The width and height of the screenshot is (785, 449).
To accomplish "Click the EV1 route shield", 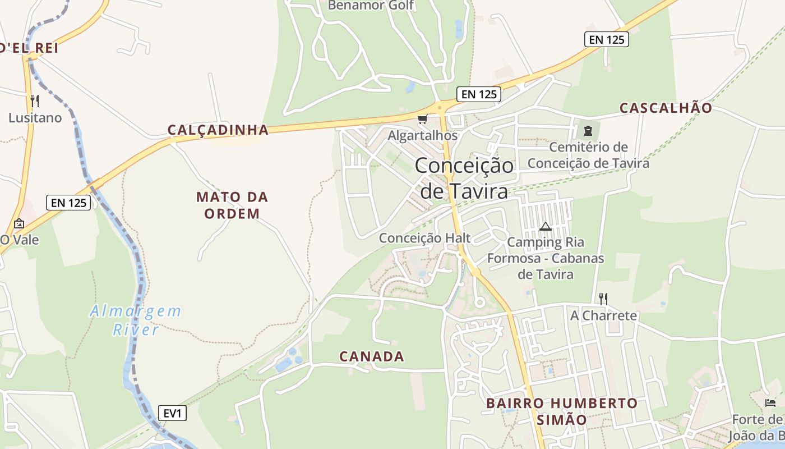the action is (x=172, y=413).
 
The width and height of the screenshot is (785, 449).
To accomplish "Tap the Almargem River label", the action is (x=136, y=320).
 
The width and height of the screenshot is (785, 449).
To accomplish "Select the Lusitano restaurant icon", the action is (x=35, y=101).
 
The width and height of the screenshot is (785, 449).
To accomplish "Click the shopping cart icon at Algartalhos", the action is (x=422, y=118).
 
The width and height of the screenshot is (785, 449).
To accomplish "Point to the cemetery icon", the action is (x=588, y=131).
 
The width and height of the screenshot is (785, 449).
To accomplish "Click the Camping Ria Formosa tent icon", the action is (x=545, y=227).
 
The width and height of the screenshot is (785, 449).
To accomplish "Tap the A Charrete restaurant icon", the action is (x=603, y=299).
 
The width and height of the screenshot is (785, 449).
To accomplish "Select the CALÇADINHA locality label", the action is (x=218, y=130).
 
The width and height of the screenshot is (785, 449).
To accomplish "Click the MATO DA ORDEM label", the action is (x=232, y=205).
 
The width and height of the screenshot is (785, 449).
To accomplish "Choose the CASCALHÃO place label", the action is (x=666, y=108).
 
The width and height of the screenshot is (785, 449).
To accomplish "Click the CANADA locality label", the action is (x=372, y=356).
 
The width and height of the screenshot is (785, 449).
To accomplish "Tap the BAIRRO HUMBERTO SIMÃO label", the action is (x=562, y=411).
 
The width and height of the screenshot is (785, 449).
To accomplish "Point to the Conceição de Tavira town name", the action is (x=464, y=178).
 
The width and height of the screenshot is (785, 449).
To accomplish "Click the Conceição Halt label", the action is (x=424, y=238).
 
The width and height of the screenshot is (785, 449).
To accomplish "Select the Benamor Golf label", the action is (x=371, y=6).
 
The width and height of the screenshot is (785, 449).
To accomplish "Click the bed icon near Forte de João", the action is (x=770, y=402).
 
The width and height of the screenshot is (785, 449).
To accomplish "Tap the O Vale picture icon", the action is (x=19, y=223).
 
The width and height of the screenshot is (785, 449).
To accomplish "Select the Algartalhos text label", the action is (x=423, y=135).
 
